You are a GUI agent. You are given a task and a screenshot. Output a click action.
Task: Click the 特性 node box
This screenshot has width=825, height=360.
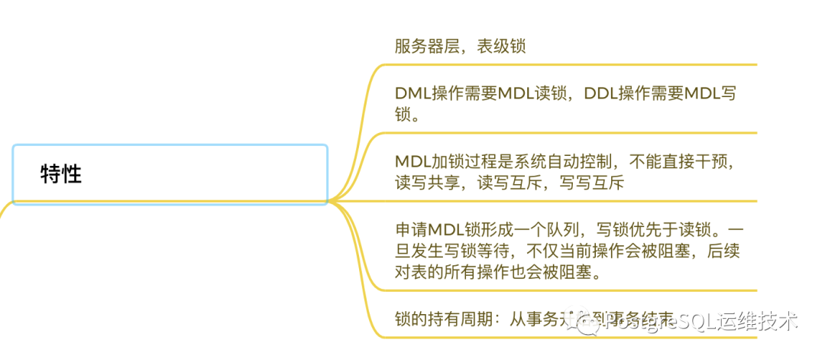170,174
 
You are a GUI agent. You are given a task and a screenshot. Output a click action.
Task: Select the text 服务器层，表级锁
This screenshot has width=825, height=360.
460,46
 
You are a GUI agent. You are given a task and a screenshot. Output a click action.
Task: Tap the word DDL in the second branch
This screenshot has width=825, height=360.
600,94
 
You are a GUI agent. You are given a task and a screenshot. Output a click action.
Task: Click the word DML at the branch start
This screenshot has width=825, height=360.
412,94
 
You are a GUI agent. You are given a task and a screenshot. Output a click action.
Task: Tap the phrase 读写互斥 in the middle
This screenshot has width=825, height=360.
510,183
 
